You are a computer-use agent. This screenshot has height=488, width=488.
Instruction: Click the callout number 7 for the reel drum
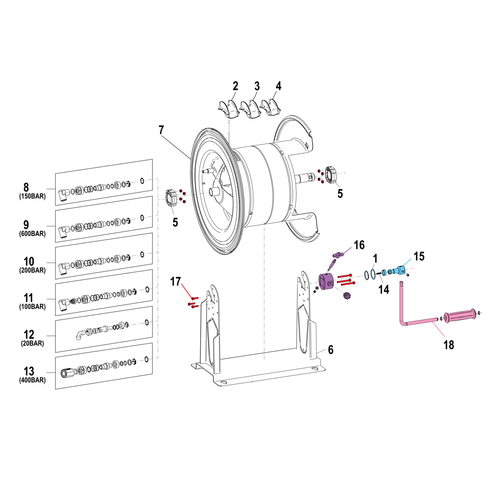tap(161, 130)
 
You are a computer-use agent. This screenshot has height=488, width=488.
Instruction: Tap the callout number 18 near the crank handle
tap(449, 345)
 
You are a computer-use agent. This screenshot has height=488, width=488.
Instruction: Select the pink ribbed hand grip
tap(461, 316)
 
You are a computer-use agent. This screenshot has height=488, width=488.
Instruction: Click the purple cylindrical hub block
tap(326, 283)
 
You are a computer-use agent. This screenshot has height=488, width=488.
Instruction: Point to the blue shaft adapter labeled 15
tap(399, 271)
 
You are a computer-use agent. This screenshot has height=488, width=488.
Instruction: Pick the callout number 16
tap(359, 245)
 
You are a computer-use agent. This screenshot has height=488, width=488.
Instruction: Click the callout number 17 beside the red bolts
tap(175, 282)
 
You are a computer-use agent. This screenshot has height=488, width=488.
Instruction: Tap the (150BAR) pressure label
tap(32, 197)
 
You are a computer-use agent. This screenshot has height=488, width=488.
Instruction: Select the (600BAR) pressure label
tap(32, 234)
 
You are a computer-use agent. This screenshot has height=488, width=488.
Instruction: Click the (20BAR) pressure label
tap(32, 344)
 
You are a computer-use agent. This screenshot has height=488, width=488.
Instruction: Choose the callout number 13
tap(29, 371)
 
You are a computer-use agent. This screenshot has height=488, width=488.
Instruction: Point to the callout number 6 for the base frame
tap(331, 350)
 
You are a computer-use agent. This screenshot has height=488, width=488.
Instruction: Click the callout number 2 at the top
tap(235, 86)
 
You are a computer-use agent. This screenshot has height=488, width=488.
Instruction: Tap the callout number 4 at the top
tap(279, 86)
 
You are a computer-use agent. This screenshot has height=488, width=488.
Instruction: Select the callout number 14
tap(384, 289)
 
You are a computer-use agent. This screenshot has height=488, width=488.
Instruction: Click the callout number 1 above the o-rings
tap(375, 258)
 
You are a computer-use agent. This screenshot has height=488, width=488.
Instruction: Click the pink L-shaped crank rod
tap(416, 323)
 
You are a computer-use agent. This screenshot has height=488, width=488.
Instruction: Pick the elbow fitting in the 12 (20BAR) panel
tap(79, 335)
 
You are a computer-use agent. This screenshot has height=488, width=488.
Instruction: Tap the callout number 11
tap(29, 298)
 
